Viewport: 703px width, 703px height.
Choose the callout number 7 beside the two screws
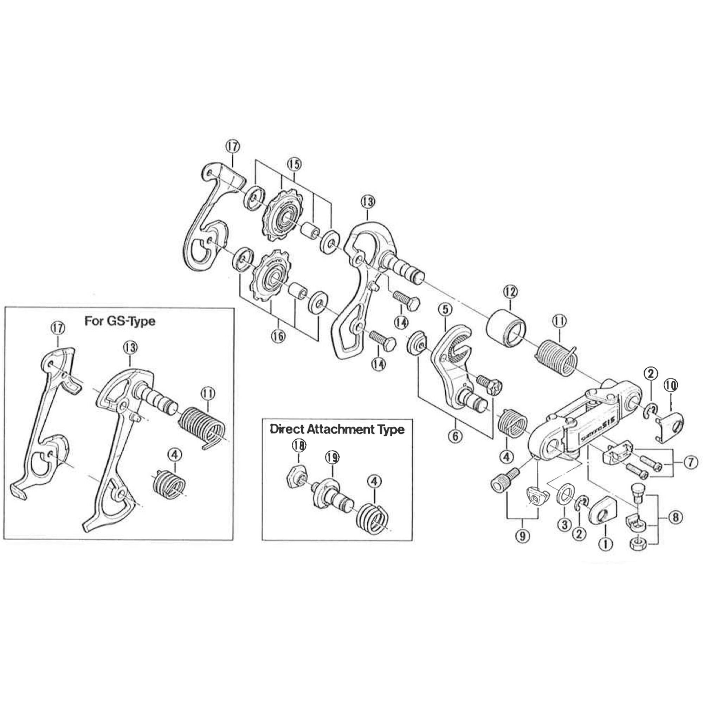pyautogui.click(x=690, y=463)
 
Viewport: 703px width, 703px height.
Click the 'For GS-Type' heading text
pyautogui.click(x=120, y=321)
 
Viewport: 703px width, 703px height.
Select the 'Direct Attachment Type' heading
pyautogui.click(x=337, y=430)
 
